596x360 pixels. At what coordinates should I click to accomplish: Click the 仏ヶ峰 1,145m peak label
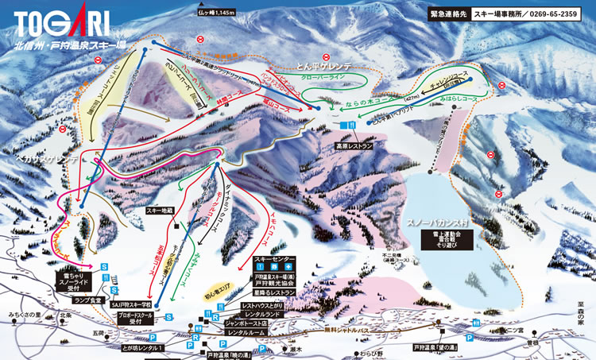[x=219, y=12]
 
